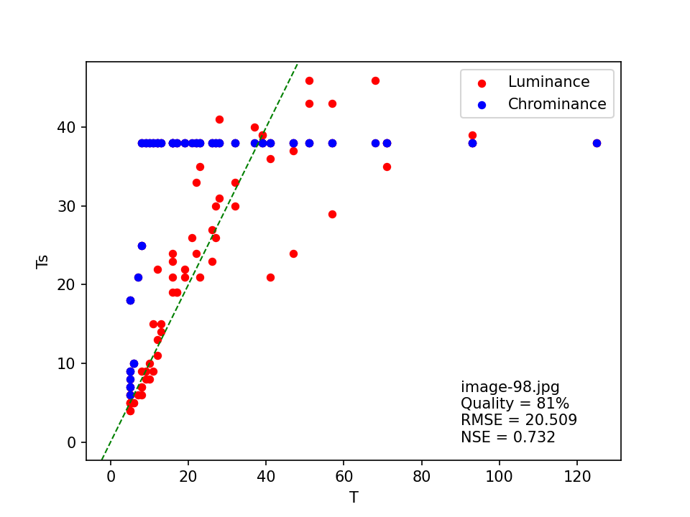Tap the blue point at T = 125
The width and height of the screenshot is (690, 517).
pos(597,143)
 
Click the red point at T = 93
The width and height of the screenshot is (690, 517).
pos(472,135)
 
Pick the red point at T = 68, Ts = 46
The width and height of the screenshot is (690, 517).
pos(375,80)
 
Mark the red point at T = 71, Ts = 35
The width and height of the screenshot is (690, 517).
pos(387,167)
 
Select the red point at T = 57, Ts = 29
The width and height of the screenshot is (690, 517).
pos(332,214)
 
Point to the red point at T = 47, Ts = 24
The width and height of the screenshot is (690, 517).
pos(293,253)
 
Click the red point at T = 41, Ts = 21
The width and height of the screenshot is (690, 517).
pos(270,277)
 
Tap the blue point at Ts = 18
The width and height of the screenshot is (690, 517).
pos(130,300)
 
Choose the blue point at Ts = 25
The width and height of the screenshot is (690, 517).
pos(142,246)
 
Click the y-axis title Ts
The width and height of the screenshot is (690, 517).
pos(42,260)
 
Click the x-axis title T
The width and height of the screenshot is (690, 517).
pos(354,498)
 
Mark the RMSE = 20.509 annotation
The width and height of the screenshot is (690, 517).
pos(518,420)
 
